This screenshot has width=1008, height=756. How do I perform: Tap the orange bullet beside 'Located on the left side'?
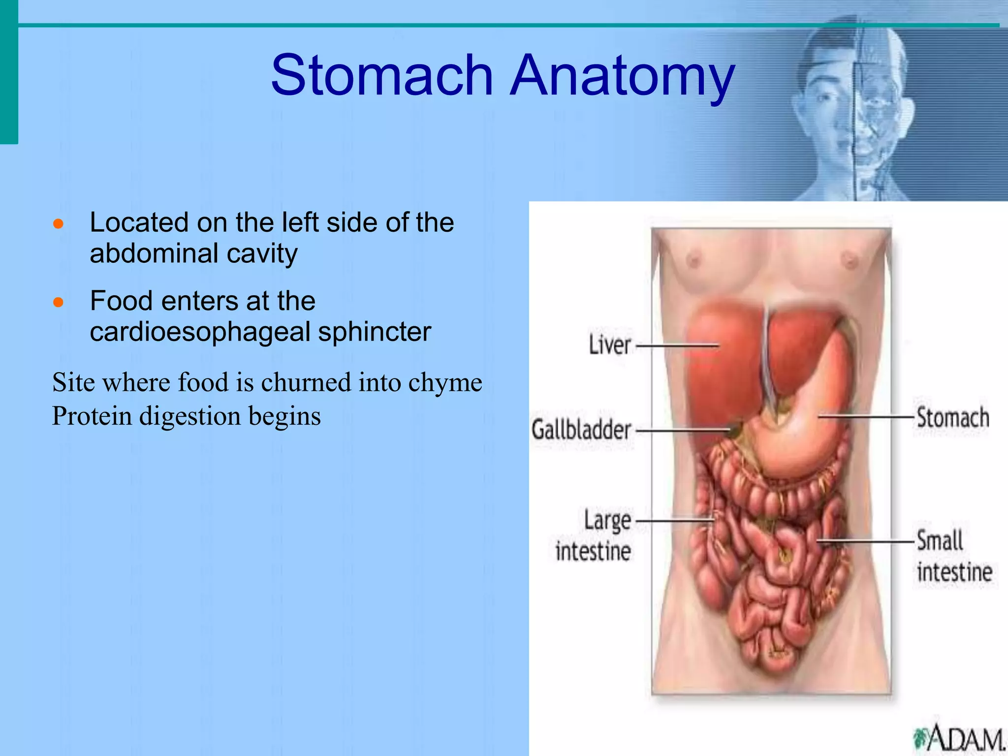tap(59, 224)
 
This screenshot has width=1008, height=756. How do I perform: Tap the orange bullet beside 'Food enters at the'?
tap(59, 302)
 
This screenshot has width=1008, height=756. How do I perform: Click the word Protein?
tap(92, 416)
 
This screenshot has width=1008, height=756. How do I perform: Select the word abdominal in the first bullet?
tap(154, 254)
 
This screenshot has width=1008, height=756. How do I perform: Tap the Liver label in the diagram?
tap(610, 345)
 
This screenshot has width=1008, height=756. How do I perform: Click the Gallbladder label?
tap(581, 430)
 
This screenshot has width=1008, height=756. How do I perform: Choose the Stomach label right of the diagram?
tap(952, 417)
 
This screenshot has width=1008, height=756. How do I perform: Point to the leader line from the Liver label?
tap(677, 346)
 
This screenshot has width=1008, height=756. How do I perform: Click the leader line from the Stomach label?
tap(866, 417)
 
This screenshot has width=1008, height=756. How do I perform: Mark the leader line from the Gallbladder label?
tap(682, 430)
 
